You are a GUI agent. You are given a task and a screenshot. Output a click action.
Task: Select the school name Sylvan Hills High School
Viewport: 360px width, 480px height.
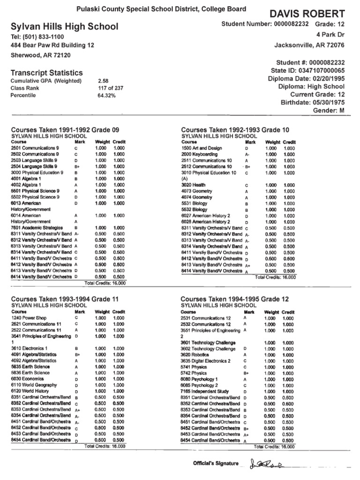(x=65, y=27)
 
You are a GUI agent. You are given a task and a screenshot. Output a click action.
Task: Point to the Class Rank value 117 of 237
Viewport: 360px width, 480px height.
(x=111, y=88)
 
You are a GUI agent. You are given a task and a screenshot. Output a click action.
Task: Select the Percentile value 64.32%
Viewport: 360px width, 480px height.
(x=106, y=95)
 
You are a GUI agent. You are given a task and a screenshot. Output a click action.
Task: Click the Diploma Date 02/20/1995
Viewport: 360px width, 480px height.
(x=307, y=78)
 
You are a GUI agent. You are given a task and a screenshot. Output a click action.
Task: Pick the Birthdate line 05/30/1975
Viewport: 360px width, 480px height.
(x=312, y=102)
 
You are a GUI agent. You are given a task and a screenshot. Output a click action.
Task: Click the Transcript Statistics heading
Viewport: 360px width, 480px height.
(x=47, y=73)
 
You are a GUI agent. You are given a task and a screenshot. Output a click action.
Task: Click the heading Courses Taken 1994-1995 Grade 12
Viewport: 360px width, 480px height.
(x=235, y=299)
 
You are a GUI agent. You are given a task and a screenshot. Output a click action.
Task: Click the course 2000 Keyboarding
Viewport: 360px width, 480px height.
(x=199, y=154)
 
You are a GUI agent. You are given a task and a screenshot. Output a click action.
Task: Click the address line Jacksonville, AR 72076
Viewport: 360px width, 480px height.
(x=309, y=45)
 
